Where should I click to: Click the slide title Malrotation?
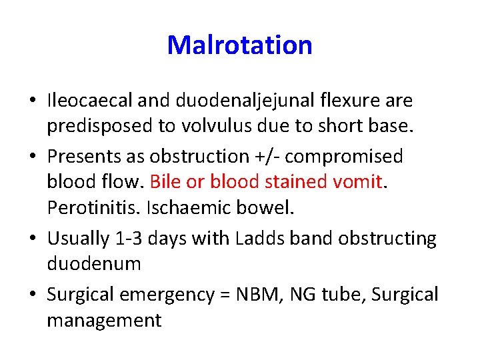point(239,45)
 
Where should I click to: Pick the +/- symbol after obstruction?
point(265,156)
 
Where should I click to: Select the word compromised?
point(343,156)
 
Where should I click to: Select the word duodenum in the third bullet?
point(93,264)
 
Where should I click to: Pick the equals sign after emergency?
point(226,294)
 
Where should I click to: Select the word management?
point(103,321)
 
